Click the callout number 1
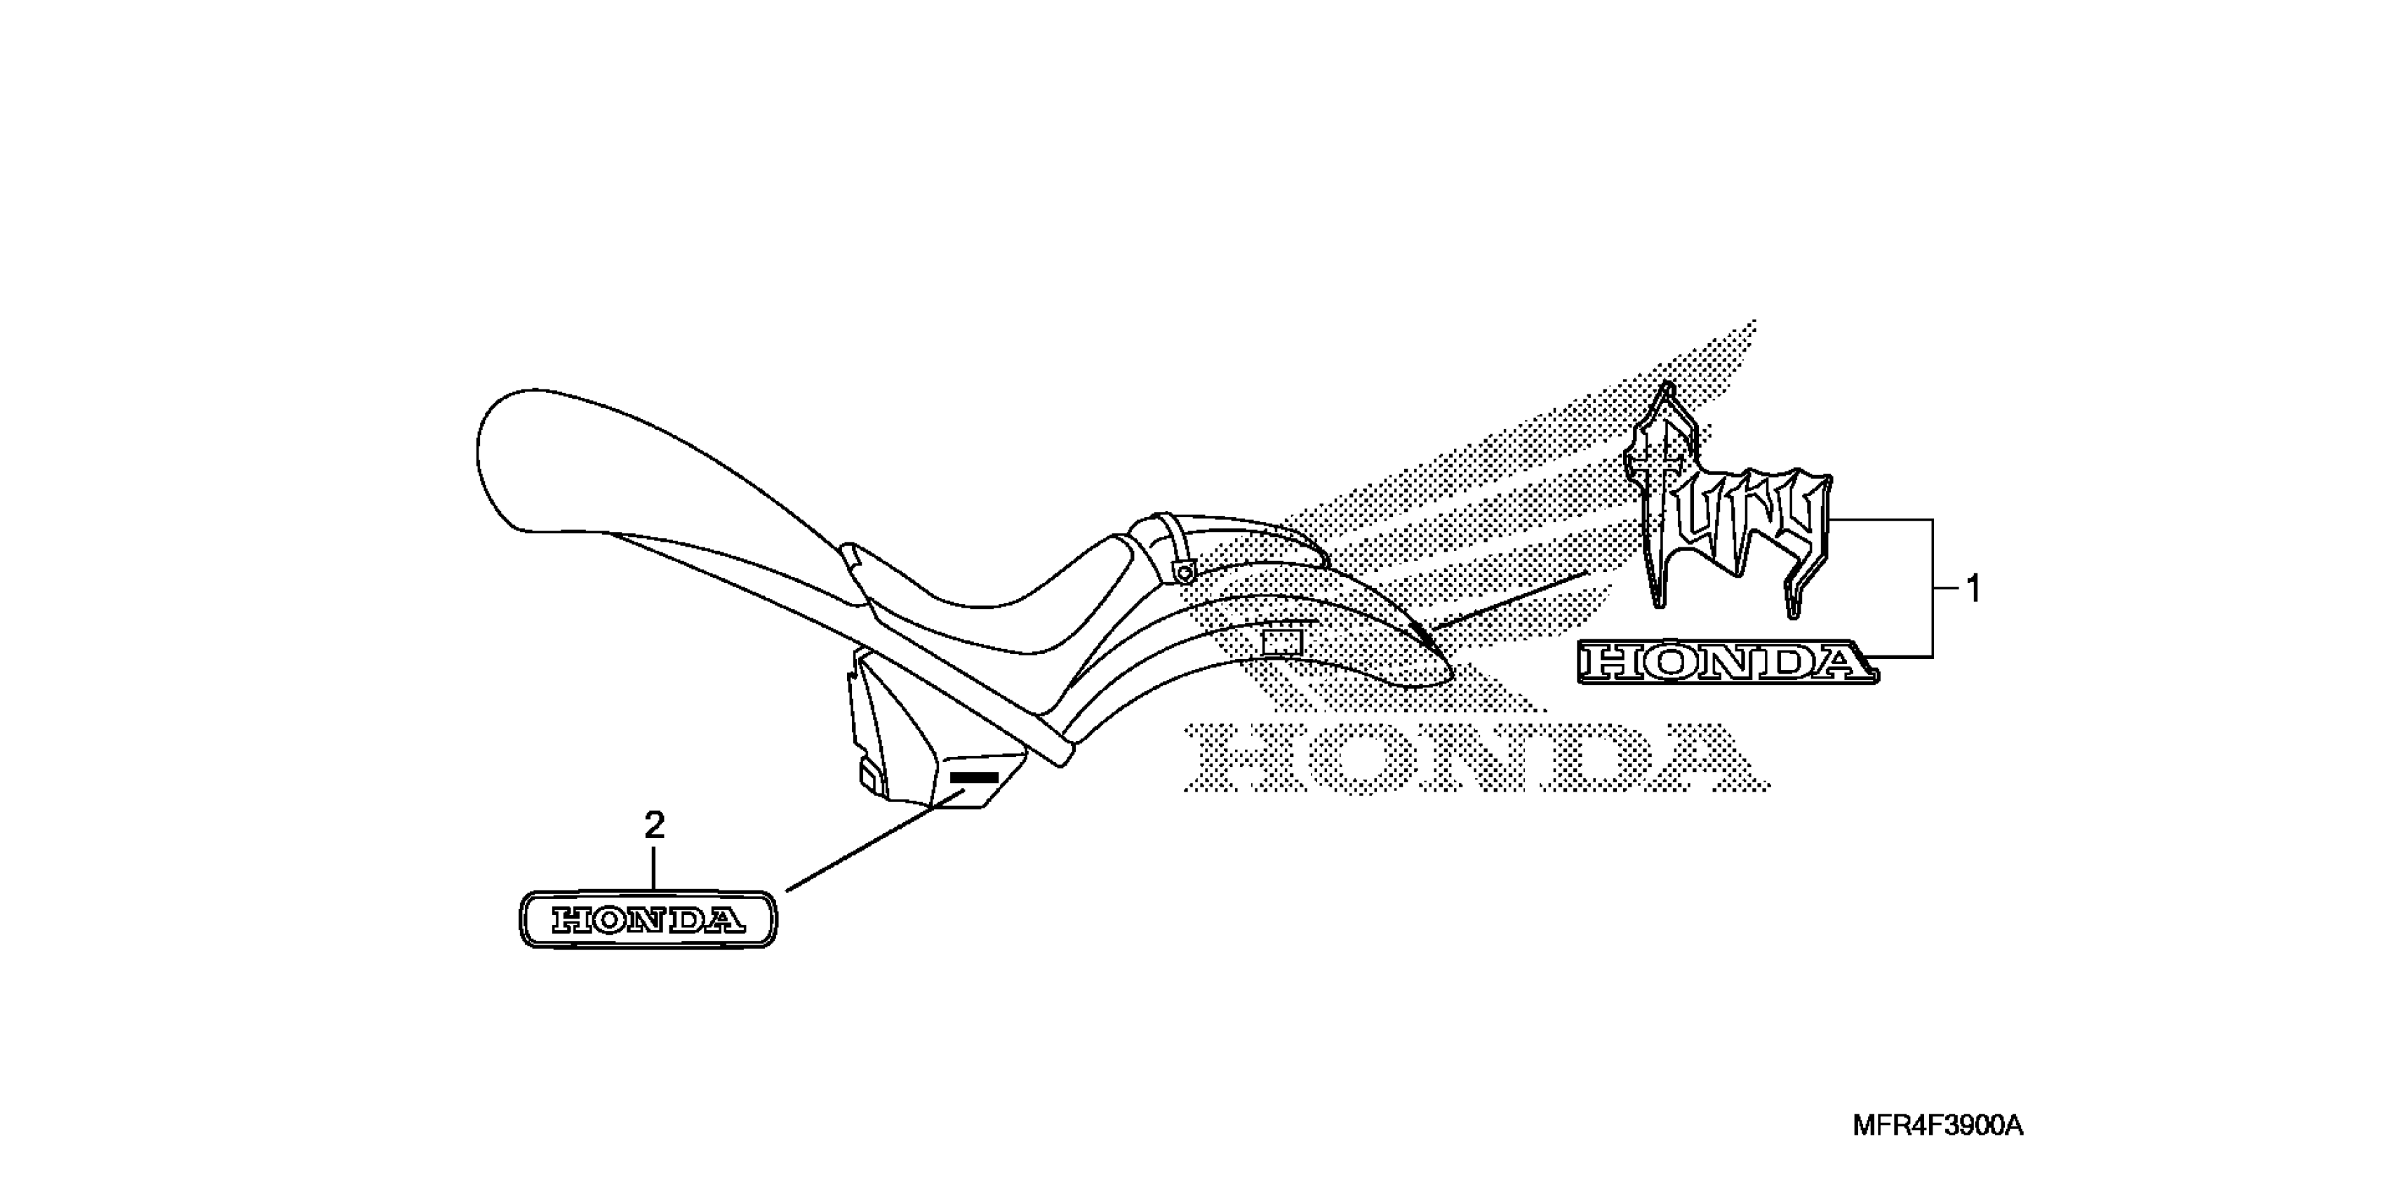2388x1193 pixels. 1973,589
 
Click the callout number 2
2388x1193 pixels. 655,825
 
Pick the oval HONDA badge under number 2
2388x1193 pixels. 648,919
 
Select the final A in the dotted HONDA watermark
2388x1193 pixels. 1710,758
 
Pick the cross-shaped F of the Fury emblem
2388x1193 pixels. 1664,491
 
